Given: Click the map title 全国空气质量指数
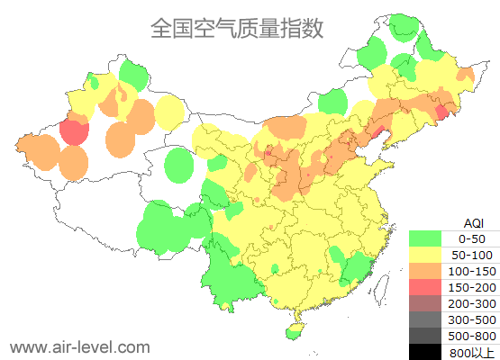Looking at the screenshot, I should (237, 28).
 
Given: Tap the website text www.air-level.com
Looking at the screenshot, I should (79, 346).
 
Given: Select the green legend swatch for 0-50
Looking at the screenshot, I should (424, 238).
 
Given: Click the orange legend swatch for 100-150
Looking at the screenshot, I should (424, 271).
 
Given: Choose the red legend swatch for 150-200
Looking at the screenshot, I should (424, 287).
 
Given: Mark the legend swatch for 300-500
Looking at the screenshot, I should (424, 319).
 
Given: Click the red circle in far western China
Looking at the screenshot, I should (74, 132).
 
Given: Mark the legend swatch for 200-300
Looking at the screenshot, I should (424, 303).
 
